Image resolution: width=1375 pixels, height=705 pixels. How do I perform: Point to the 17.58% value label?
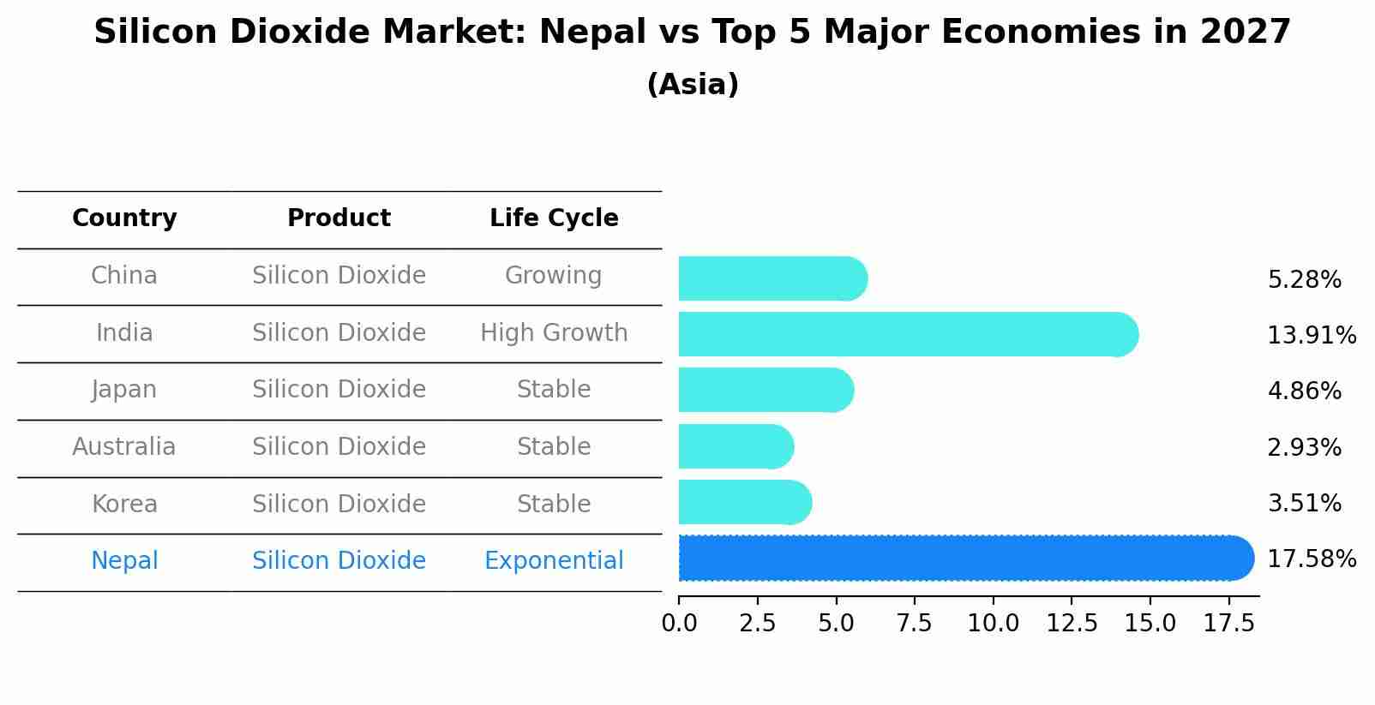tap(1311, 559)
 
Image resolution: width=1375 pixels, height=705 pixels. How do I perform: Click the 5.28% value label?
tap(1304, 280)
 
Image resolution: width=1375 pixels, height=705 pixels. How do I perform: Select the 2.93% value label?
tap(1304, 447)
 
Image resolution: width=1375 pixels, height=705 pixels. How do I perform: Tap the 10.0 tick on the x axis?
tap(993, 624)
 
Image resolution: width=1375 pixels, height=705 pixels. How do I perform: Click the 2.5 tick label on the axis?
tap(758, 624)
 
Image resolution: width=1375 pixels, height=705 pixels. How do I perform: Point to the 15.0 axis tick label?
tap(1150, 624)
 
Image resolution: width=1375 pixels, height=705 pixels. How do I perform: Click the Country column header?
tap(124, 218)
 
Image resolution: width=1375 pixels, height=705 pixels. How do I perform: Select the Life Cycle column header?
tap(554, 218)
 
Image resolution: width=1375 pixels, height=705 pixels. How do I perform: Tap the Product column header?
tap(339, 218)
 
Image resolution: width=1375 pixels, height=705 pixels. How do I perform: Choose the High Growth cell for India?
tap(554, 332)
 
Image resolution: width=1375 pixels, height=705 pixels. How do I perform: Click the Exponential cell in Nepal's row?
tap(554, 561)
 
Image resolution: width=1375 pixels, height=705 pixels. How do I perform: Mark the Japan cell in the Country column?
tap(124, 390)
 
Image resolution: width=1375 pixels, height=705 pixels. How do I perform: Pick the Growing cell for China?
tap(553, 276)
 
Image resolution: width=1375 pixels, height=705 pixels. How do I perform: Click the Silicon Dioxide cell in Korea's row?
tap(339, 504)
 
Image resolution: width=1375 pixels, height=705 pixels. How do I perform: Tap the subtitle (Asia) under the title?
tap(693, 85)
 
